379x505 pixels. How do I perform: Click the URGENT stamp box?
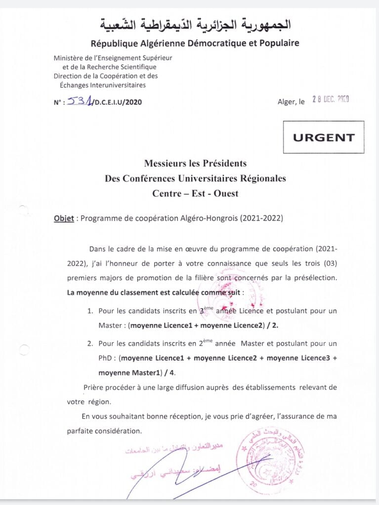[324, 137]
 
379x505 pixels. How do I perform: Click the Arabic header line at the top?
[195, 24]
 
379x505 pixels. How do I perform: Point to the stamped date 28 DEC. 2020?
[331, 99]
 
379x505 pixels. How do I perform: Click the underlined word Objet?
[63, 217]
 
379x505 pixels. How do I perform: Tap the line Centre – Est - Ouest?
[195, 193]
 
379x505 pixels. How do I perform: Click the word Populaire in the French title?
[278, 43]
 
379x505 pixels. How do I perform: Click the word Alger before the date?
[287, 102]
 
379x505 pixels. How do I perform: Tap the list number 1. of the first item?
[90, 311]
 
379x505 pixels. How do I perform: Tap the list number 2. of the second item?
[90, 343]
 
